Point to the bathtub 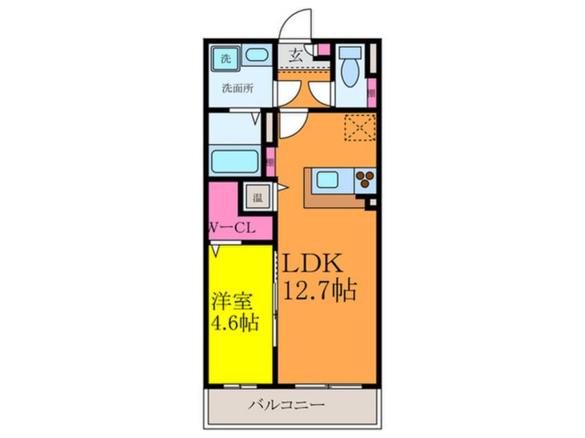234,161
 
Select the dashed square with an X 360,127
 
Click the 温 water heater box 257,198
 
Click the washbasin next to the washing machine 257,56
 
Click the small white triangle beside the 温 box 281,188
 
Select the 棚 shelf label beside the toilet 371,93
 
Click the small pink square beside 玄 323,50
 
